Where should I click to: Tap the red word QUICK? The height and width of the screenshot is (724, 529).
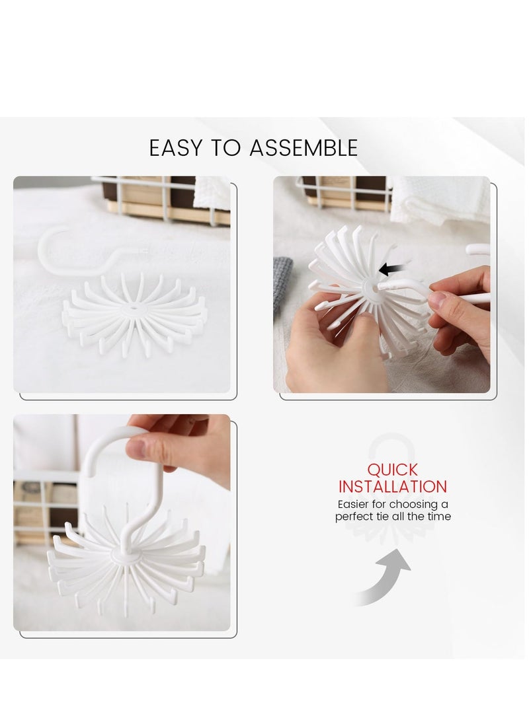point(393,470)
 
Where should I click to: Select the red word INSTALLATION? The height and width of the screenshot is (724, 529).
point(393,487)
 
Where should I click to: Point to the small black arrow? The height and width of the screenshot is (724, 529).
point(391,269)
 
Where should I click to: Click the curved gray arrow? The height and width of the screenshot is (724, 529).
point(387,575)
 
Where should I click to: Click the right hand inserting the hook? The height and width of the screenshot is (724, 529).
point(456,310)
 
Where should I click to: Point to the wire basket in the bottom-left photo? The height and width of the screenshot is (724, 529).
point(43,505)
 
